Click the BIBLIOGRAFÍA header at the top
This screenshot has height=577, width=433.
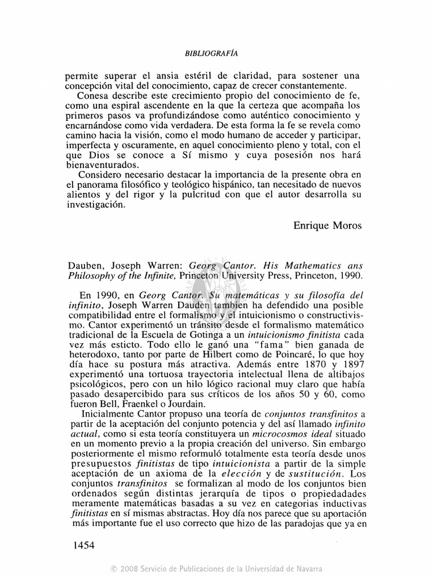pos(211,53)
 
